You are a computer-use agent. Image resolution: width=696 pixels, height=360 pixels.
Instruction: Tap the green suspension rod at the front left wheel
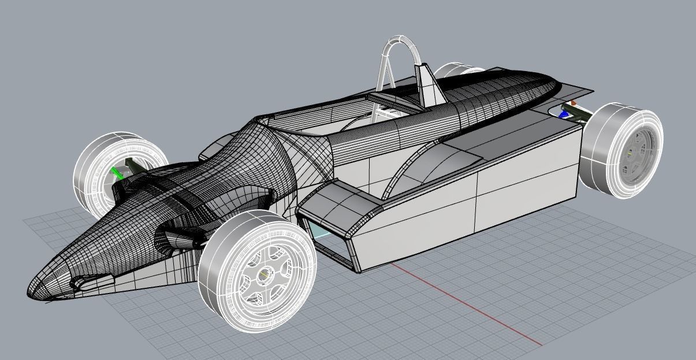(x=118, y=173)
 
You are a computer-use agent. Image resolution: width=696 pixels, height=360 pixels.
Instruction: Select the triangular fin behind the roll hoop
(x=428, y=87)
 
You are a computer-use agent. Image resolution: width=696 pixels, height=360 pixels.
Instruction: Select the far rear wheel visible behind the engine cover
(x=453, y=70)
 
